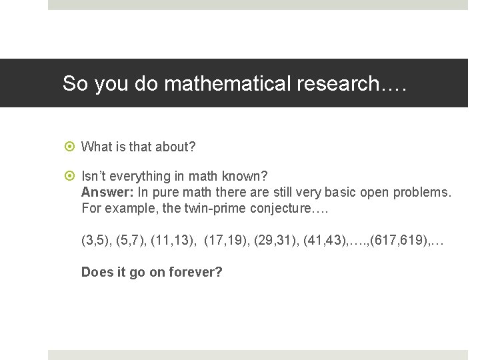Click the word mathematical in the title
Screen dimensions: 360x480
[227, 84]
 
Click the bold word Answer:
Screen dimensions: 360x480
[107, 193]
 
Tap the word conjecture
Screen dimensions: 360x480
[287, 209]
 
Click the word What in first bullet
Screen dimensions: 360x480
[96, 147]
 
